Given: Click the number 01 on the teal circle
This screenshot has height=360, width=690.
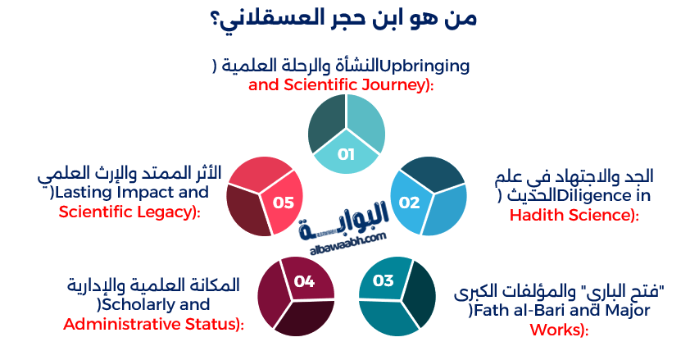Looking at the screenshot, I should click(345, 154).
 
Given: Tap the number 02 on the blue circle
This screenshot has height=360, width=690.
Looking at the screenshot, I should click(409, 202).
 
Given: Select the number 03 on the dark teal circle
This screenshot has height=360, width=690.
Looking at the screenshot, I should click(384, 281).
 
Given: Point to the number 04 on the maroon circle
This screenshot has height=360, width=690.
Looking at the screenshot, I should click(304, 281).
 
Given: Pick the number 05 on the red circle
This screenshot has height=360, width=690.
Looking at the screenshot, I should click(283, 202).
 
